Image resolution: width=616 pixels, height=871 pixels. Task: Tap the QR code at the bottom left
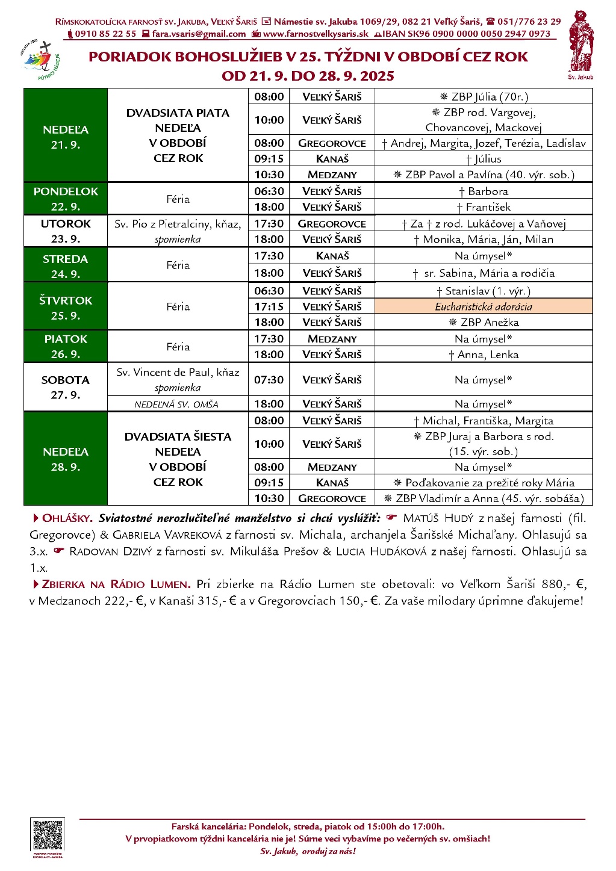(48, 835)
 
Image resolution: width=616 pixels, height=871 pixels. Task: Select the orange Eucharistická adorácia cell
(484, 306)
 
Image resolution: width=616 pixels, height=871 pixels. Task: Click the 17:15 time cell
(269, 306)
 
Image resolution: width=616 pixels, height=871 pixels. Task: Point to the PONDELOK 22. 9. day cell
(66, 199)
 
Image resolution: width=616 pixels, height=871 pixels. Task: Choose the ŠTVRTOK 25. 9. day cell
(66, 307)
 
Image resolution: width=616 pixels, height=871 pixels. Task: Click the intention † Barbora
(484, 191)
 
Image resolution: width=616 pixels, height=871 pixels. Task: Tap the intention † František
(484, 207)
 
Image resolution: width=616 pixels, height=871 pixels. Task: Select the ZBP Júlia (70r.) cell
(484, 96)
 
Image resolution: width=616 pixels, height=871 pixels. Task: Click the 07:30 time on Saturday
(269, 380)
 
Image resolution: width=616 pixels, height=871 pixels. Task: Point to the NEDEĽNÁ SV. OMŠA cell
(177, 404)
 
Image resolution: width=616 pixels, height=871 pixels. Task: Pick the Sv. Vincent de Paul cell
(178, 379)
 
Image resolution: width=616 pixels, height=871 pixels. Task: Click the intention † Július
(484, 159)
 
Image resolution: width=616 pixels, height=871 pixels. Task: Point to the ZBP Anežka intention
(484, 322)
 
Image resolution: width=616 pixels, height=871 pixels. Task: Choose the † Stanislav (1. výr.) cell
(484, 291)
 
